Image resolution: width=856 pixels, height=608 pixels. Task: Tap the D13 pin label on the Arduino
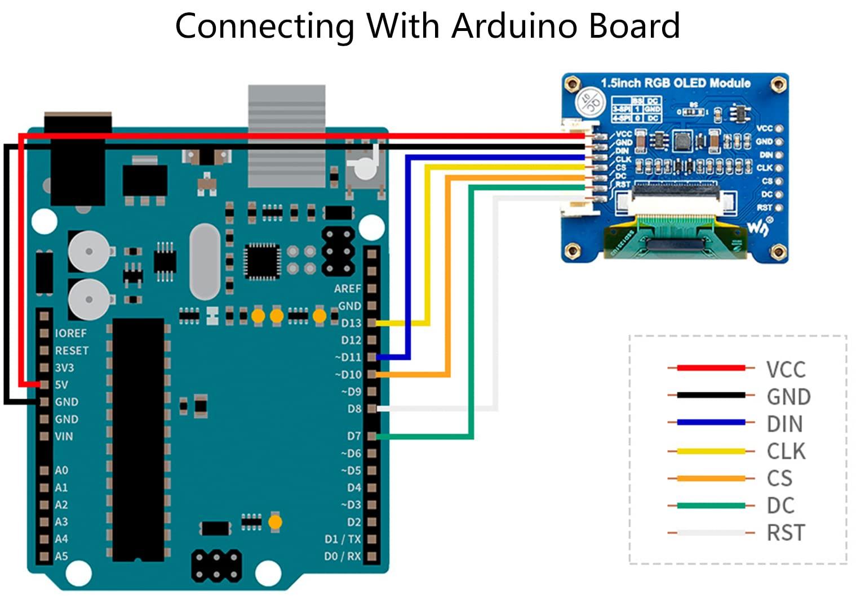(x=351, y=323)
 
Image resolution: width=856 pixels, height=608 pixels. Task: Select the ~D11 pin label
(x=348, y=357)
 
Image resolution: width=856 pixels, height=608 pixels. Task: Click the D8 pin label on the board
(x=354, y=409)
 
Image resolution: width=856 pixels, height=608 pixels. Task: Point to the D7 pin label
(x=353, y=436)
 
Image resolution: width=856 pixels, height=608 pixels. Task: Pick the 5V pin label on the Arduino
(x=61, y=385)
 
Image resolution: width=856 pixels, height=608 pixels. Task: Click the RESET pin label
(x=72, y=351)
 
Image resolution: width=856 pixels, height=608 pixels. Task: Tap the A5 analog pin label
(x=61, y=556)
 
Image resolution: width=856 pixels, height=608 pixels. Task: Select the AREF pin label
(x=347, y=289)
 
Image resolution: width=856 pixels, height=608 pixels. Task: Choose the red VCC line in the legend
(x=711, y=368)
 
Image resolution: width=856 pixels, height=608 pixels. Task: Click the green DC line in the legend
(x=711, y=506)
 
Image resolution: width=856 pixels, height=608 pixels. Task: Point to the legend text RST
(x=786, y=533)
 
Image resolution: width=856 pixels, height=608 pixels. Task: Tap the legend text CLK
(x=786, y=451)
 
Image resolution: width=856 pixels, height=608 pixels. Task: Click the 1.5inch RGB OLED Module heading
(x=675, y=83)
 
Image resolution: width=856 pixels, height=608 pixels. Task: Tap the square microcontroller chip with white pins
(x=262, y=261)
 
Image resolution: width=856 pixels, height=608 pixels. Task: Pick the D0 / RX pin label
(x=342, y=556)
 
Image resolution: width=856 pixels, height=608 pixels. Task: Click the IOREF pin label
(x=71, y=333)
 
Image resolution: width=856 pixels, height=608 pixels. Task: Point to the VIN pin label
(x=64, y=436)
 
